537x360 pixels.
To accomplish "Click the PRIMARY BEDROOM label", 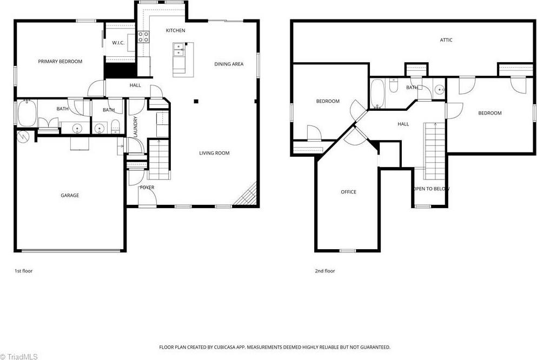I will tap(60, 62).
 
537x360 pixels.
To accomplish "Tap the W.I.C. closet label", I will tap(118, 43).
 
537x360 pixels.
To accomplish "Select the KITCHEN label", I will tap(175, 31).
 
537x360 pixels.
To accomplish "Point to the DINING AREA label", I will tap(229, 64).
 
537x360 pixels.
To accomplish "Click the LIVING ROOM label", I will tap(214, 154).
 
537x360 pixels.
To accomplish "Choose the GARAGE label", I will tap(70, 196).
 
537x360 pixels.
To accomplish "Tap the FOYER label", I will tap(147, 188).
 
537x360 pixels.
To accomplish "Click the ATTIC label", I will tap(446, 40).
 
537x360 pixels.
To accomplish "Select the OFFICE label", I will tap(348, 192).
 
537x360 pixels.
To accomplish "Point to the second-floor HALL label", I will tap(403, 124).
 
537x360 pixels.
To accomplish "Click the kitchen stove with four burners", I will tap(143, 37).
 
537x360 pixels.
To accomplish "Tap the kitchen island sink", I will tap(177, 50).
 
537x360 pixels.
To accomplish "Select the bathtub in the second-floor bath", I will tap(377, 93).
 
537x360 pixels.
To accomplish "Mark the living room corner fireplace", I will tap(248, 195).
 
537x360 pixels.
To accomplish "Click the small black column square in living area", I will tap(196, 101).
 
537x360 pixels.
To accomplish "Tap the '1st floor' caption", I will tap(23, 271).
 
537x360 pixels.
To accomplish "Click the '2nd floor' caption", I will tap(324, 271).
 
